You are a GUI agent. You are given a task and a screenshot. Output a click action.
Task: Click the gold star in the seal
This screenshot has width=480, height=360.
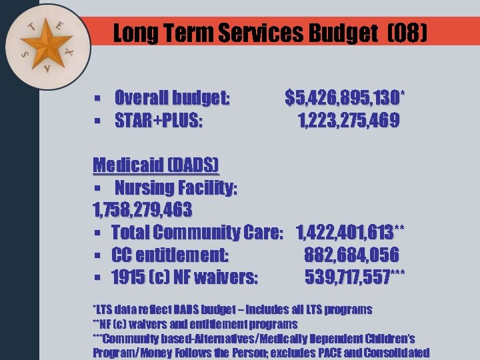point(47,45)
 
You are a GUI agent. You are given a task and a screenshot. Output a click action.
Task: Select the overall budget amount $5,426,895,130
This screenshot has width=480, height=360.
point(343,99)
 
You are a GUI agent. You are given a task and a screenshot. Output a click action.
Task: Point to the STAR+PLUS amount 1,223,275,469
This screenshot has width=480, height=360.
point(348,121)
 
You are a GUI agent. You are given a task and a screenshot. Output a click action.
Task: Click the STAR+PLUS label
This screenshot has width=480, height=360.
point(159,121)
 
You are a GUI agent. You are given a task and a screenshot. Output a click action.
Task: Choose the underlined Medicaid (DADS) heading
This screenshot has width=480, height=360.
point(155,165)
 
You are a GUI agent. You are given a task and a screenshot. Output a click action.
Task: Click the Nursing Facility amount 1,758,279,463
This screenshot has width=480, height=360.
point(142,210)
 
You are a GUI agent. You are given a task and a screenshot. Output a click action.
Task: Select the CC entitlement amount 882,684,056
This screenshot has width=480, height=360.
point(351,255)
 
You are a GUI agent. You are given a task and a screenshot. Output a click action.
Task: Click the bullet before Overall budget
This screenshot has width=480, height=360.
point(97,99)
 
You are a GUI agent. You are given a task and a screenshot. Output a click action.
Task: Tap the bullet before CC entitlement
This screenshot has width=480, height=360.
point(97,255)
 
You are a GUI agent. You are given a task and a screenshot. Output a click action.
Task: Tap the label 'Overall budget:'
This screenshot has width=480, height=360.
point(173,99)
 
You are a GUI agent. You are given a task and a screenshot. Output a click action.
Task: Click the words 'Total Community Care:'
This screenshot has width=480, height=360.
point(198,233)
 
